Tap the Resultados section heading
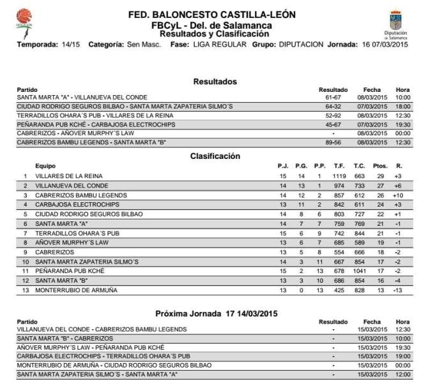click(x=215, y=82)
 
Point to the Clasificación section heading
click(x=215, y=156)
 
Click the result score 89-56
click(x=333, y=143)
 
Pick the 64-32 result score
click(x=333, y=107)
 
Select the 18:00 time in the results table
click(x=402, y=107)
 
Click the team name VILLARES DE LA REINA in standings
click(x=69, y=175)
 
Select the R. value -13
click(x=398, y=290)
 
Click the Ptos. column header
click(x=379, y=166)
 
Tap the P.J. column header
click(x=284, y=166)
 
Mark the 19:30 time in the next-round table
click(x=402, y=347)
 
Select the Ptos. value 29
click(x=379, y=175)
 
